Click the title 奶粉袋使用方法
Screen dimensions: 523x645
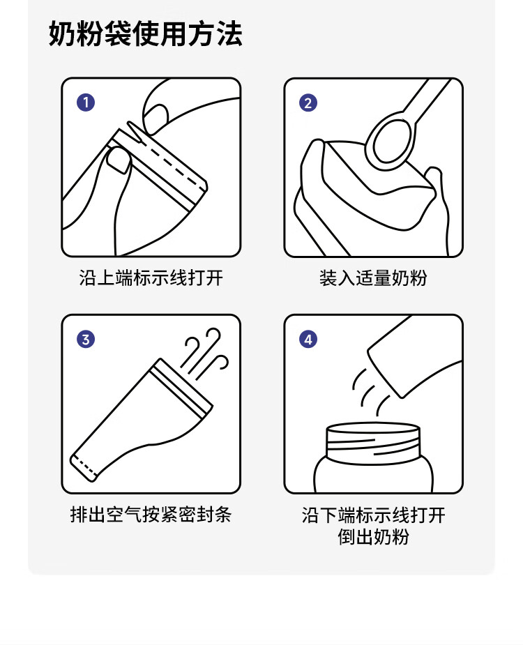(x=145, y=33)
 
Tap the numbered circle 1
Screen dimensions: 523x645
(x=86, y=103)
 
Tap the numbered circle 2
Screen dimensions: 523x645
(x=308, y=103)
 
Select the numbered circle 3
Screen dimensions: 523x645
(x=86, y=340)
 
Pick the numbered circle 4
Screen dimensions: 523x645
(x=308, y=340)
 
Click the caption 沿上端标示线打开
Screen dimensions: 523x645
(x=151, y=278)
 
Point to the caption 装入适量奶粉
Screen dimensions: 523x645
(x=373, y=278)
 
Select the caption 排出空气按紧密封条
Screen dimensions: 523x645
(x=151, y=515)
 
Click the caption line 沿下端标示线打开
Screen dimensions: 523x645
(x=373, y=515)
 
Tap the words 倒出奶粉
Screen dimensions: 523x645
(x=373, y=537)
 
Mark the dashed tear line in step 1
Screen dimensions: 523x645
(x=172, y=165)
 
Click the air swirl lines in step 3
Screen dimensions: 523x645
(x=204, y=354)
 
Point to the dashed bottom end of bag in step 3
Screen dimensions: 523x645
(x=85, y=468)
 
